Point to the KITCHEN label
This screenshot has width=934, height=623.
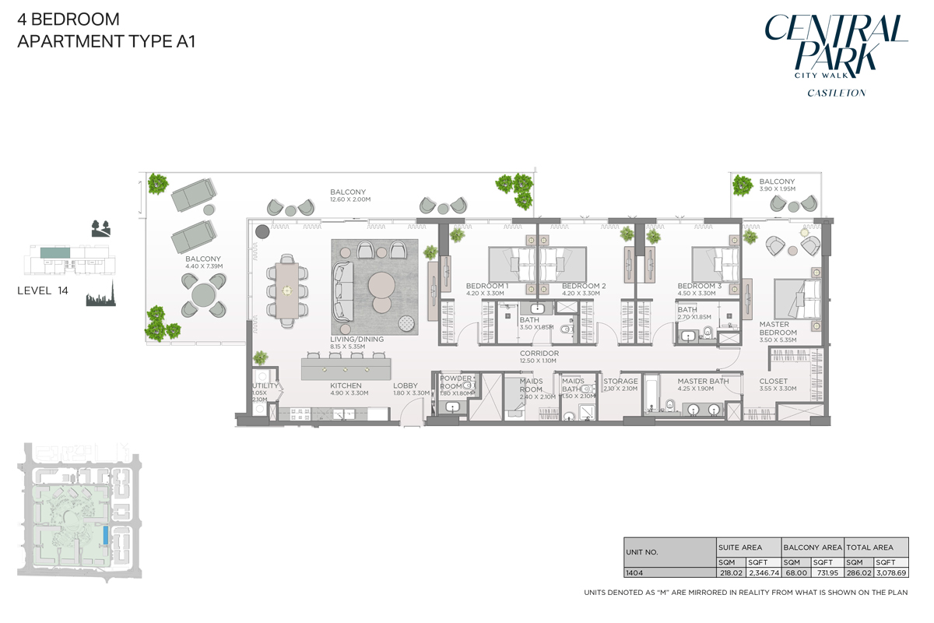[346, 385]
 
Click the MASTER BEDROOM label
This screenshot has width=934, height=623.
[778, 329]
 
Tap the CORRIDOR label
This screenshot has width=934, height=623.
[539, 353]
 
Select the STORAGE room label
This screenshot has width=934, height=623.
[620, 382]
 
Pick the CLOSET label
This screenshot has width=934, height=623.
[773, 382]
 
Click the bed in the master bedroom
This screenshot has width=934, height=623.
[798, 299]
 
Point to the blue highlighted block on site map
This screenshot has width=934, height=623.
[105, 535]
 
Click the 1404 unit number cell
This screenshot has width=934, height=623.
[635, 572]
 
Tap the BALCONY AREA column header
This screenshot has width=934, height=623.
[812, 547]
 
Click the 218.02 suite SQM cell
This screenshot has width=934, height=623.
[730, 572]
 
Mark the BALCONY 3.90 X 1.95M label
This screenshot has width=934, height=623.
[778, 185]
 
